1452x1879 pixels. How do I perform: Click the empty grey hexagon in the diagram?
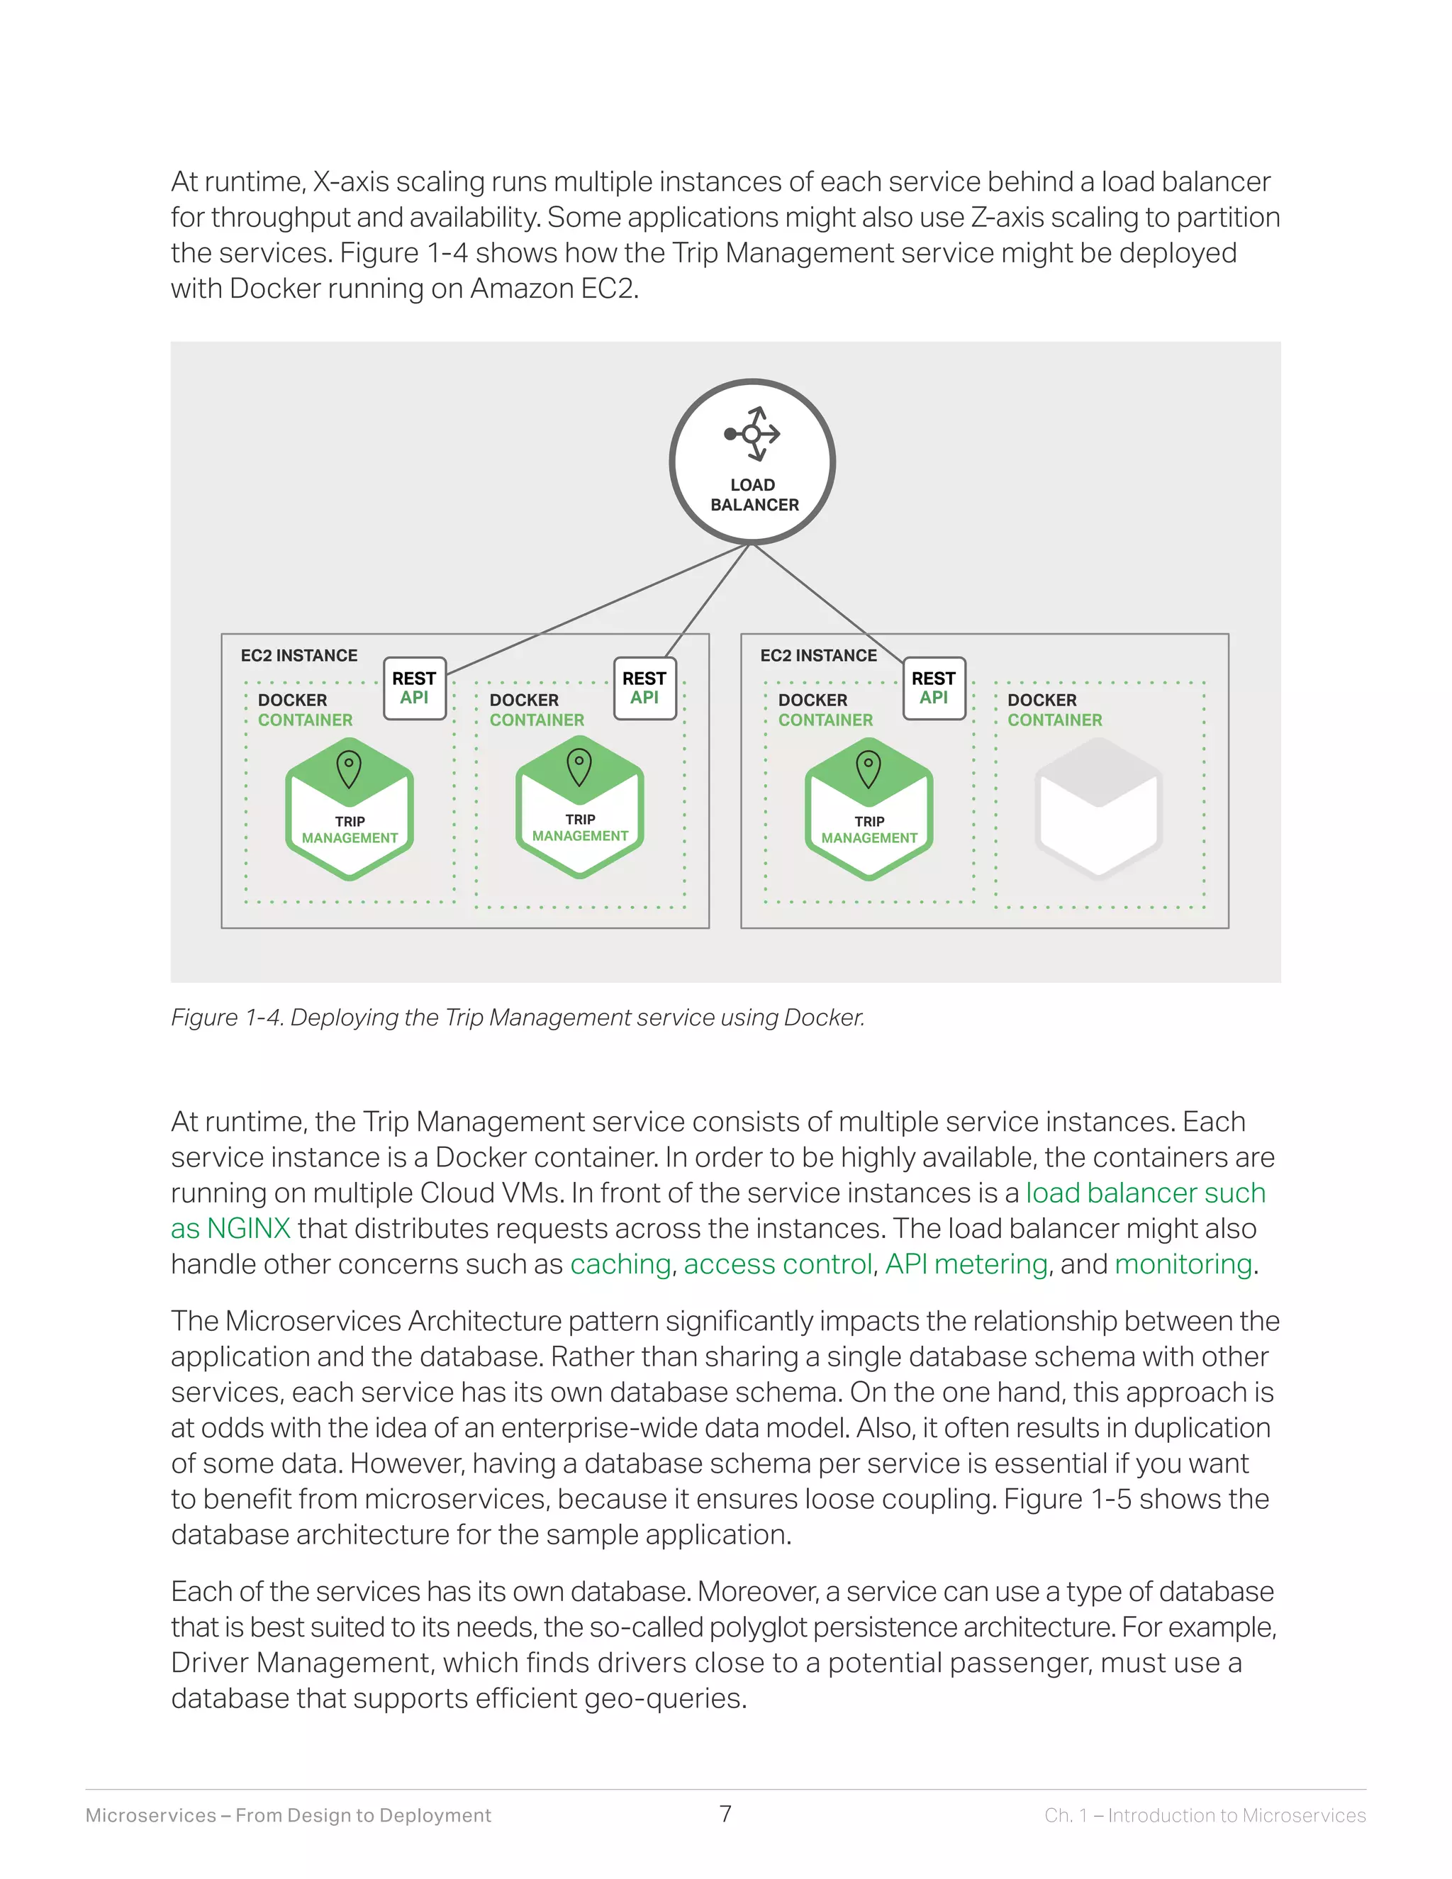[1098, 809]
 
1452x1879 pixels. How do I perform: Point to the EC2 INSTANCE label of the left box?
[298, 656]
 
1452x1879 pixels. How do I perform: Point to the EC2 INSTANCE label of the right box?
[818, 656]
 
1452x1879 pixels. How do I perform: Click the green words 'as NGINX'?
[230, 1229]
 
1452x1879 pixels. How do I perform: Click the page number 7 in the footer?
[725, 1814]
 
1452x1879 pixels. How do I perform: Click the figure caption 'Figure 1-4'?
[226, 1017]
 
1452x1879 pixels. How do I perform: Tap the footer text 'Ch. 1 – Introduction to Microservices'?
[1205, 1815]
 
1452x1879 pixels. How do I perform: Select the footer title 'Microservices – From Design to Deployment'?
[288, 1815]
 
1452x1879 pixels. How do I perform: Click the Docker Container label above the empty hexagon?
[1054, 710]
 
